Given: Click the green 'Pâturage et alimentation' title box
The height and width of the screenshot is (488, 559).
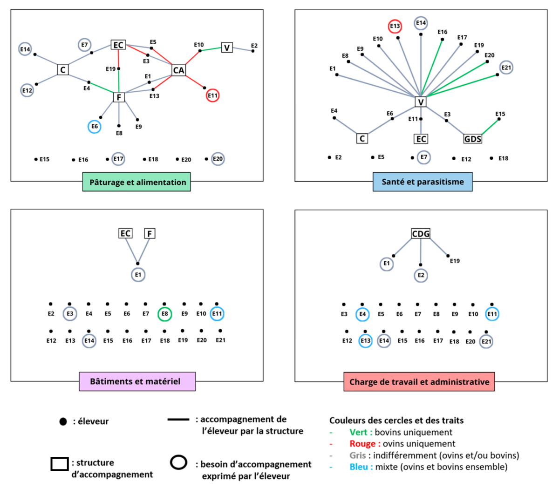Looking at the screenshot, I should (137, 182).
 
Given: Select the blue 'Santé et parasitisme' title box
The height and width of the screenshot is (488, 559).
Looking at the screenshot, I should (423, 182).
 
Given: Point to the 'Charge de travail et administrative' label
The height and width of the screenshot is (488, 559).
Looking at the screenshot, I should (419, 382).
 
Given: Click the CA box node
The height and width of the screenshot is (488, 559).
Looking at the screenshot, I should (179, 70).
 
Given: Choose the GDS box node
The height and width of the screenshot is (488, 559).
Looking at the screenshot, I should (472, 139).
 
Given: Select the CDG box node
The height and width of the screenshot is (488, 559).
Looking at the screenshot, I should (421, 233).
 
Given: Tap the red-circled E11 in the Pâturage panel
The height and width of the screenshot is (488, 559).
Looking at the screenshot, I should (212, 95).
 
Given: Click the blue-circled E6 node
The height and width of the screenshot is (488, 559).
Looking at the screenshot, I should (95, 127).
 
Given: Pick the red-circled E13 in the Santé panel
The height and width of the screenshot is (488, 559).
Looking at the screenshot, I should (395, 26).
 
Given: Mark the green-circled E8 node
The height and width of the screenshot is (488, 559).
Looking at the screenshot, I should (165, 314).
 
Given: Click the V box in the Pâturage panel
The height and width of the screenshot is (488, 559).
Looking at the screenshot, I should (227, 47).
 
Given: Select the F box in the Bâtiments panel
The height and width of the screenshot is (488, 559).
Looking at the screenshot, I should (150, 233).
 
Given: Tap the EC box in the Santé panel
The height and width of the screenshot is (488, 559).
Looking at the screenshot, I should (421, 139).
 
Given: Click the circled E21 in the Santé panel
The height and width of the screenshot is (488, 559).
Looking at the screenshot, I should (506, 68).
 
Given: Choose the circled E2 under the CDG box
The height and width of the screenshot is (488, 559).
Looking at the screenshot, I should (421, 275).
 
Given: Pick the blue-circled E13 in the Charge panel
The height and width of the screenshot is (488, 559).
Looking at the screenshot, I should (366, 341).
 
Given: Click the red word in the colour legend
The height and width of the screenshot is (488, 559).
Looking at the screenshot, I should (365, 444).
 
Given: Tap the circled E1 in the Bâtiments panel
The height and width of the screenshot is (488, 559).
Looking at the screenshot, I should (138, 275).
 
